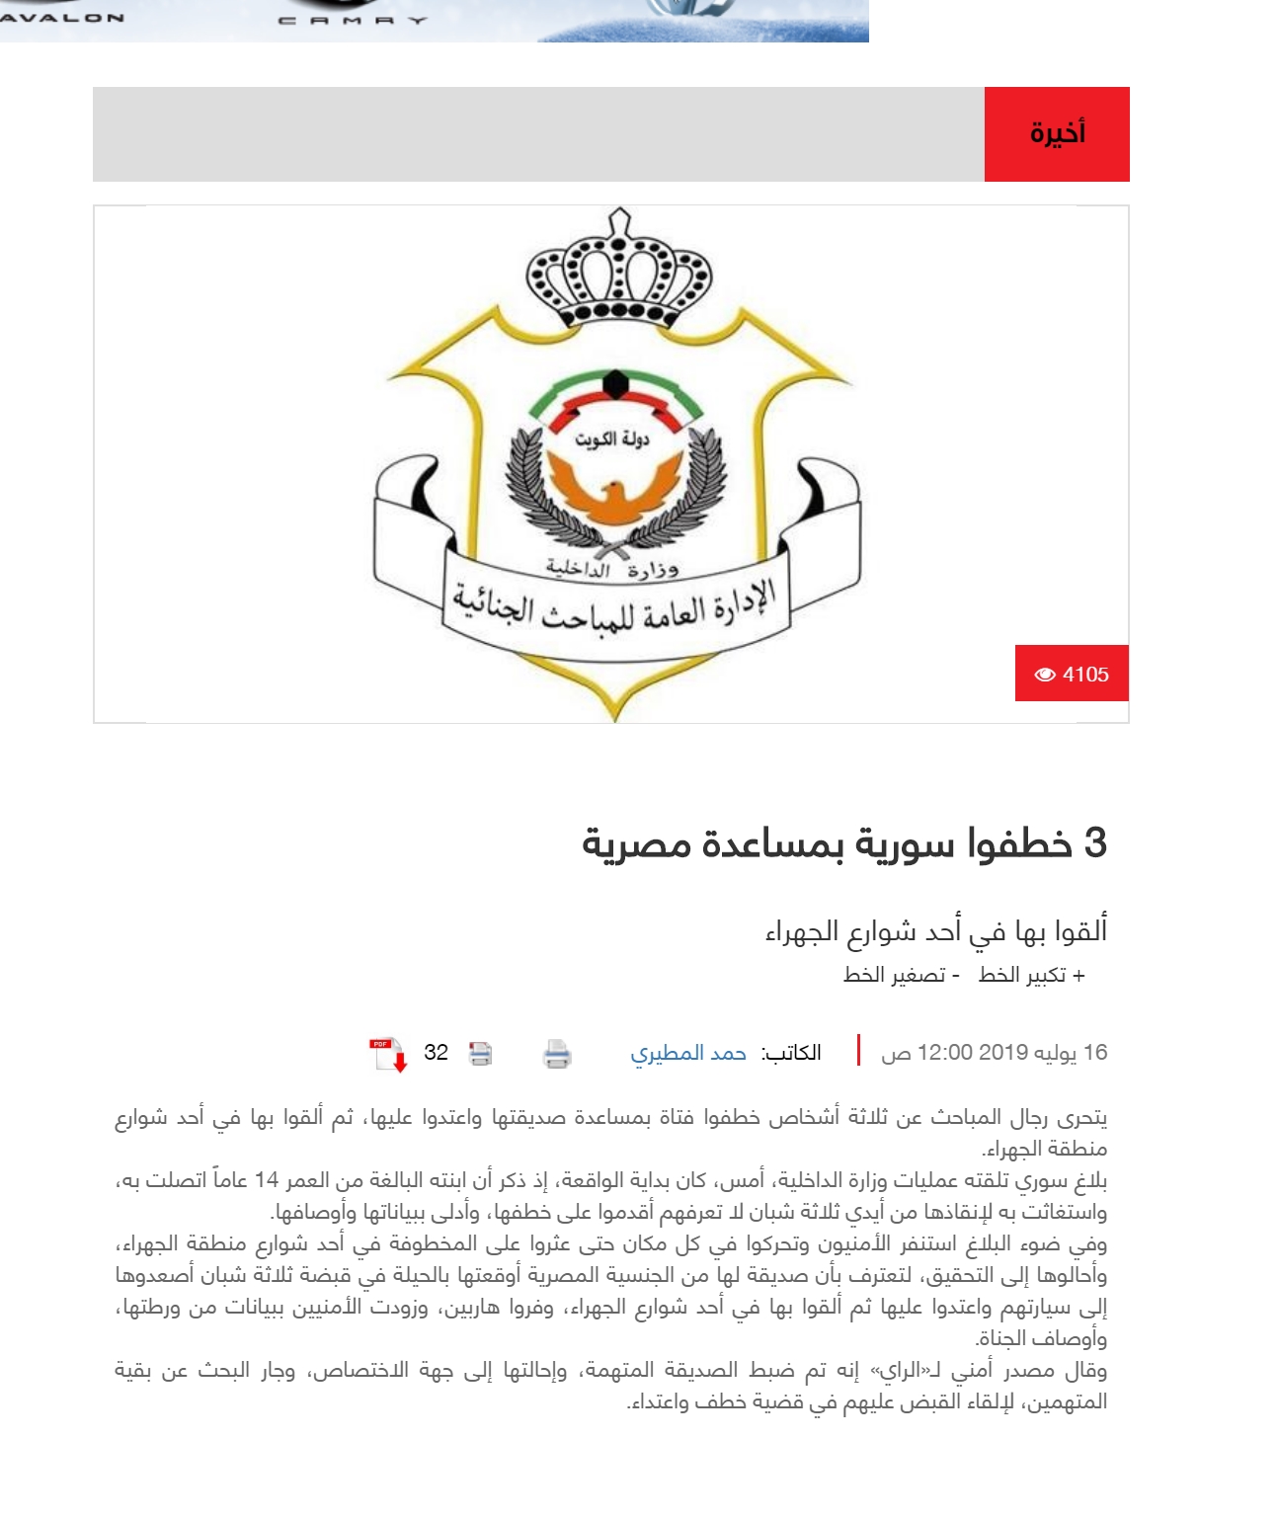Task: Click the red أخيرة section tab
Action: (1057, 133)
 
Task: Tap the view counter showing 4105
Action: (1072, 674)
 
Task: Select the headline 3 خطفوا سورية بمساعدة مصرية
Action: (844, 843)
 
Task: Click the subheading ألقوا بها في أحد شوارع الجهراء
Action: (935, 930)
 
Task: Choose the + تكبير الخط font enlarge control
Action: (1032, 975)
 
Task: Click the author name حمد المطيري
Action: (688, 1053)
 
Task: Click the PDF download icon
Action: (388, 1054)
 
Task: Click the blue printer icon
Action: (557, 1054)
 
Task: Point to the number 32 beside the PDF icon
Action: (436, 1053)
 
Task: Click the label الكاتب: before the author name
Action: (791, 1053)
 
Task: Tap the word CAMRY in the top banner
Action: (353, 19)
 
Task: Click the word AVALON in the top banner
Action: (63, 17)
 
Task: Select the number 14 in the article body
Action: (267, 1180)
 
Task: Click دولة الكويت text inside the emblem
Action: (613, 439)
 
